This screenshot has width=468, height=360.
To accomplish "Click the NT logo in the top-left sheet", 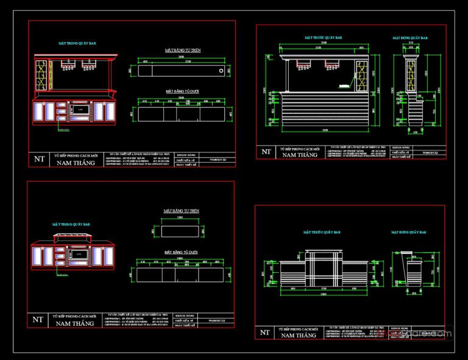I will point(40,160).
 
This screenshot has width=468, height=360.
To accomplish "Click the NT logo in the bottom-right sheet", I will point(264,332).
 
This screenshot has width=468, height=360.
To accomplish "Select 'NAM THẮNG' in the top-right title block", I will point(298,155).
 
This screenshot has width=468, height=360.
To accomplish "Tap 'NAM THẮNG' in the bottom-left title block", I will point(75,323).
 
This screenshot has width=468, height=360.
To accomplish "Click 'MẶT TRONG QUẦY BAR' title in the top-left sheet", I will point(77,44).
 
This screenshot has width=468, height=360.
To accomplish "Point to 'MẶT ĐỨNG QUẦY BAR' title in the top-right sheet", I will point(410,38).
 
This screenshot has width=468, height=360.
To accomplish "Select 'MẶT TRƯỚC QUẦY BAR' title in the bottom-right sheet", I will point(322,232).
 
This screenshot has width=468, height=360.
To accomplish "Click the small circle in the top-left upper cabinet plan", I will point(219,71).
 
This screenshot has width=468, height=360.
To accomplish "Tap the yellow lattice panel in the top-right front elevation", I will point(360,75).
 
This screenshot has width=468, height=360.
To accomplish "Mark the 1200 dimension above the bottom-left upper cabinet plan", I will point(180,217).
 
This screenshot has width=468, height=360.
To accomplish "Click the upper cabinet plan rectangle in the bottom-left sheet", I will point(177,231).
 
